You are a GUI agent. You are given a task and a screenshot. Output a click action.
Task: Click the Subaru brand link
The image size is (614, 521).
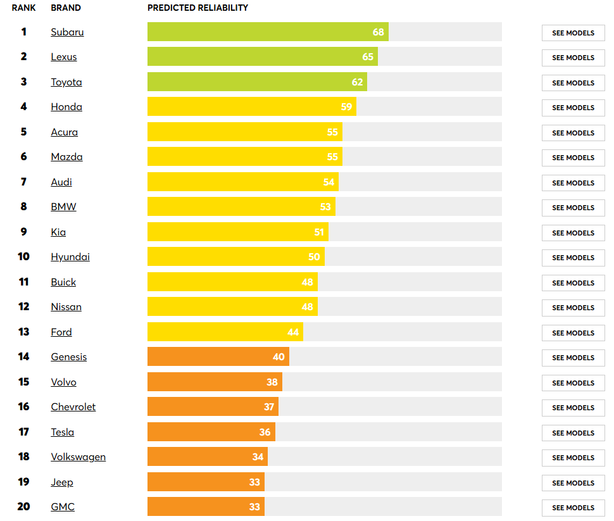pyautogui.click(x=67, y=32)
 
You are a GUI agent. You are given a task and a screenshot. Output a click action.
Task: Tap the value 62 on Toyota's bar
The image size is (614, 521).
pyautogui.click(x=358, y=82)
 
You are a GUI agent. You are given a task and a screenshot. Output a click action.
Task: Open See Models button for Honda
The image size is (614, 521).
pyautogui.click(x=573, y=108)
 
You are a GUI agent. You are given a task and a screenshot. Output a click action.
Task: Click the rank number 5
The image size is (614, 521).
pyautogui.click(x=23, y=132)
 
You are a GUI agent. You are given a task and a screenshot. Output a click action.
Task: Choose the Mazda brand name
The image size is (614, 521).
pyautogui.click(x=66, y=157)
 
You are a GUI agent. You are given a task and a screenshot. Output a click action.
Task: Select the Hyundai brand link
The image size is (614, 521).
pyautogui.click(x=70, y=257)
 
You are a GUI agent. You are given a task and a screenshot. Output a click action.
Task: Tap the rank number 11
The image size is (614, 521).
pyautogui.click(x=23, y=282)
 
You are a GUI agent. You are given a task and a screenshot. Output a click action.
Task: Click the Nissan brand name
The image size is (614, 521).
pyautogui.click(x=66, y=307)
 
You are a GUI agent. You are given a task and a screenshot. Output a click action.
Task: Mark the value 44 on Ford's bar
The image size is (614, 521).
pyautogui.click(x=293, y=332)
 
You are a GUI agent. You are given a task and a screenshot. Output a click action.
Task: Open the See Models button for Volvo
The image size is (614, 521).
pyautogui.click(x=573, y=383)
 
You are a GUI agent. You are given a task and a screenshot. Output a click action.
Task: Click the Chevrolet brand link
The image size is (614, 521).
pyautogui.click(x=73, y=407)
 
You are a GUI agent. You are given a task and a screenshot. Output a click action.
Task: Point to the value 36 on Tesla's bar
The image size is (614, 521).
pyautogui.click(x=265, y=432)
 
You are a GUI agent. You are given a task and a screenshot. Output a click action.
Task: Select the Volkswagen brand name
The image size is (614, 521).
pyautogui.click(x=78, y=457)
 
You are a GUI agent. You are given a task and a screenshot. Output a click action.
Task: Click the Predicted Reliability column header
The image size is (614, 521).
pyautogui.click(x=197, y=8)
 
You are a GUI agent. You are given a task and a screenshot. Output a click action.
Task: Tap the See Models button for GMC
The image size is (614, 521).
pyautogui.click(x=573, y=508)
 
